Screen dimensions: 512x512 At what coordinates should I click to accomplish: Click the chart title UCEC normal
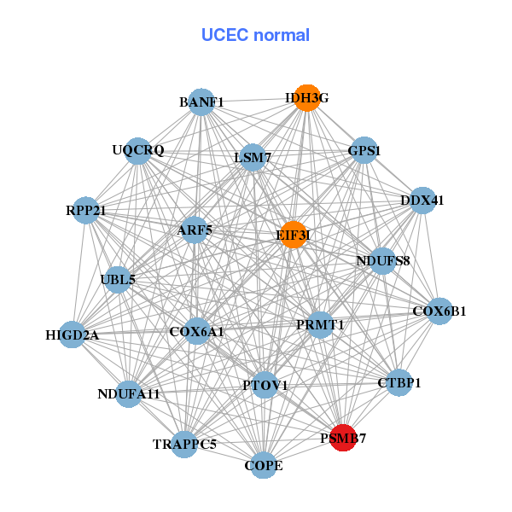pyautogui.click(x=255, y=35)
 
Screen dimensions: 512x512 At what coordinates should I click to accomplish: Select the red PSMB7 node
pyautogui.click(x=342, y=438)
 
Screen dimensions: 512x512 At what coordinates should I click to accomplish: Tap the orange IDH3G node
pyautogui.click(x=306, y=98)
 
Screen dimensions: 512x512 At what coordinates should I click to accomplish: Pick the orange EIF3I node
pyautogui.click(x=294, y=235)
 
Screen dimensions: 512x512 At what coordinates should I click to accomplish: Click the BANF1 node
pyautogui.click(x=201, y=102)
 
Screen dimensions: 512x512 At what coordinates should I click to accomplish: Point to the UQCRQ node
pyautogui.click(x=137, y=151)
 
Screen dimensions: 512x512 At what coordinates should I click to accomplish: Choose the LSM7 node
pyautogui.click(x=253, y=157)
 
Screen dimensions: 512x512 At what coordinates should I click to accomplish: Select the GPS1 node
pyautogui.click(x=364, y=150)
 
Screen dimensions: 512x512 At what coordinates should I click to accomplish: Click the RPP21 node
pyautogui.click(x=85, y=210)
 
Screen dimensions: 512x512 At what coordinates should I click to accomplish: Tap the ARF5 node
pyautogui.click(x=195, y=230)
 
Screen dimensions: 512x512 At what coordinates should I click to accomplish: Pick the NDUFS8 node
pyautogui.click(x=382, y=260)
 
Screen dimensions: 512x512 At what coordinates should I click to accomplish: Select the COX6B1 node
pyautogui.click(x=439, y=311)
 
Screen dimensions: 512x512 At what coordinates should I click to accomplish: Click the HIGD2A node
pyautogui.click(x=73, y=335)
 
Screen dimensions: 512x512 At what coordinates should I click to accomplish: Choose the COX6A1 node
pyautogui.click(x=197, y=330)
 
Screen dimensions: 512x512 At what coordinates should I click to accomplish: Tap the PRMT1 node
pyautogui.click(x=320, y=324)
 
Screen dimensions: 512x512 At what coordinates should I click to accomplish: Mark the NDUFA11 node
pyautogui.click(x=129, y=393)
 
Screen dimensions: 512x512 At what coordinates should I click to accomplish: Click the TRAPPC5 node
pyautogui.click(x=184, y=444)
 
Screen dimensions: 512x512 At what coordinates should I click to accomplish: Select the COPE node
pyautogui.click(x=264, y=465)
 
